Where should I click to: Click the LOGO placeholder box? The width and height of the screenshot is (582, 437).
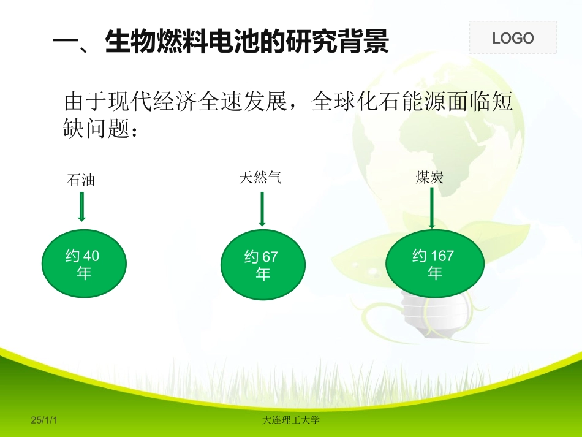[513, 37]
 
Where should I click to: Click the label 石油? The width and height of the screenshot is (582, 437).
[81, 180]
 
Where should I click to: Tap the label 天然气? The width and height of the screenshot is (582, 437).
[260, 178]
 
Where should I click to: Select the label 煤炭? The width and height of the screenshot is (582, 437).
[429, 178]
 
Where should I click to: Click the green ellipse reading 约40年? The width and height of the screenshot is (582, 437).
[84, 264]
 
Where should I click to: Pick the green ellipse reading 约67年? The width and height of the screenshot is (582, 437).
[262, 265]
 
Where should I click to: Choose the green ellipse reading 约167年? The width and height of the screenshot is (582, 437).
[434, 264]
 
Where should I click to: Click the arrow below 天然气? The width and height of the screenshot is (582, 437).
[262, 209]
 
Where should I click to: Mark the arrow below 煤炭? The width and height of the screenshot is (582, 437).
[433, 208]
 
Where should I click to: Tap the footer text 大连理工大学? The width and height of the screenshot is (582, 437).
[291, 420]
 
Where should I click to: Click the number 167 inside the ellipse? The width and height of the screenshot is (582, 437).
[442, 256]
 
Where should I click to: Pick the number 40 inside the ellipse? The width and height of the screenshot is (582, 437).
[91, 256]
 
